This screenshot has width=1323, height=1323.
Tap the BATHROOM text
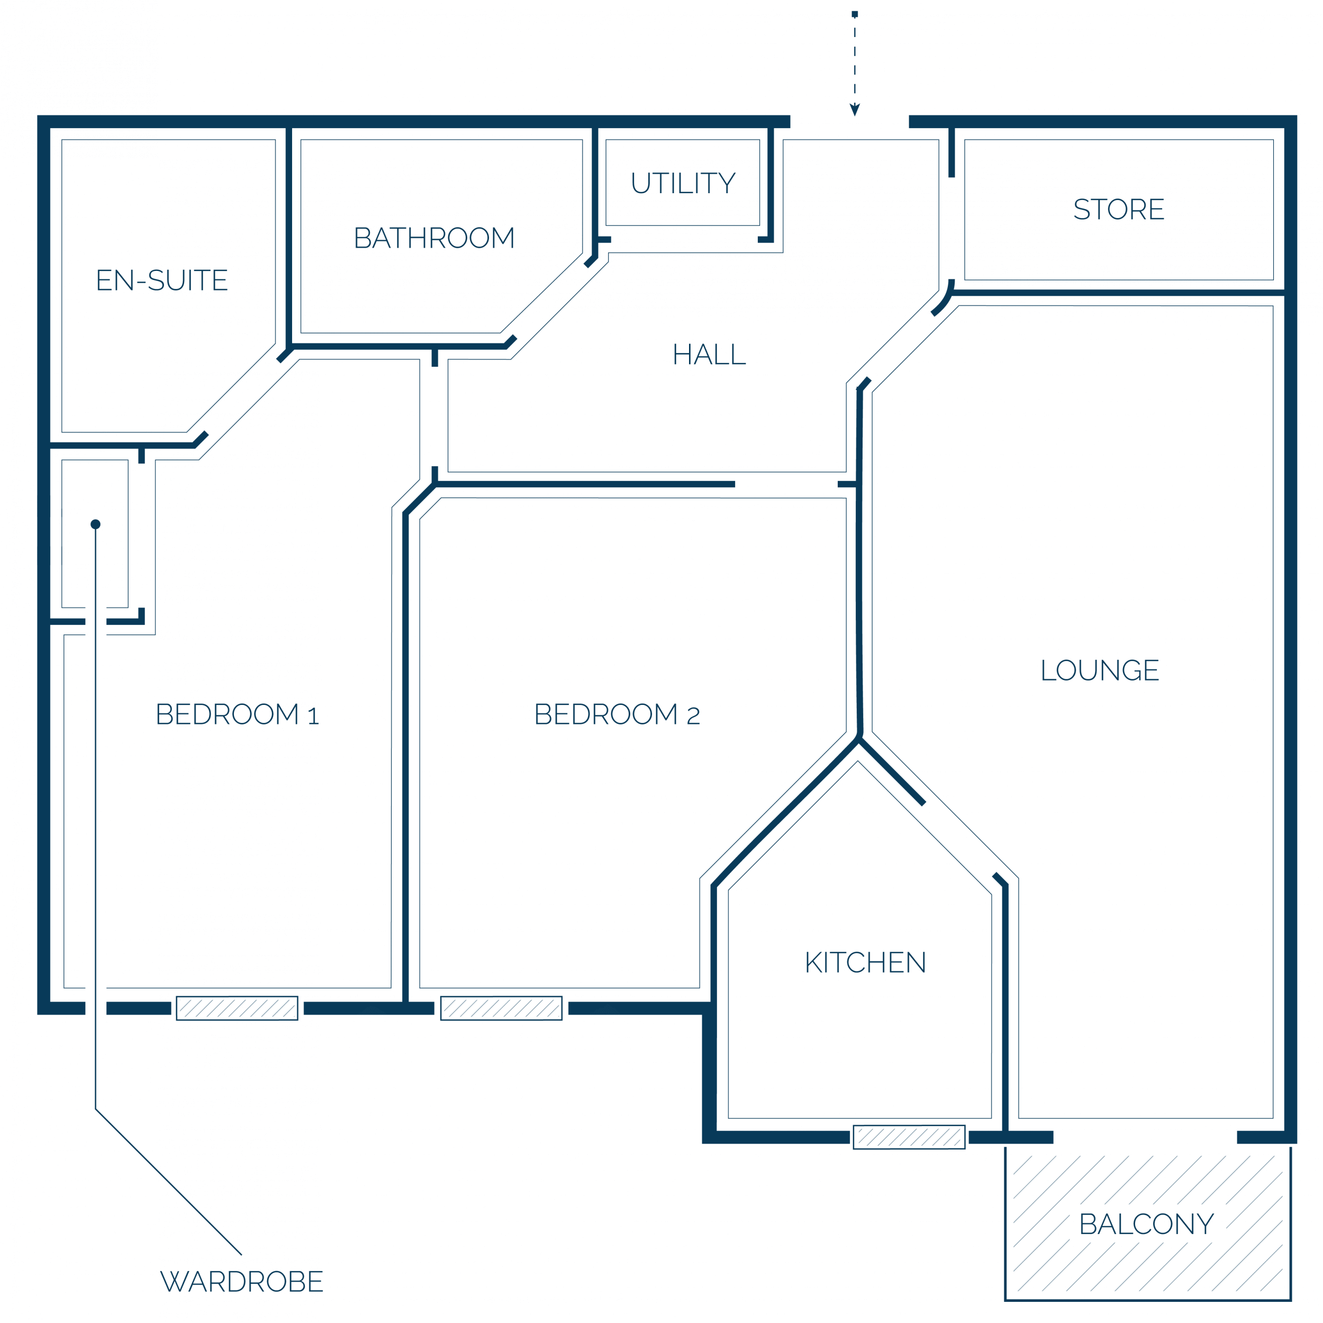point(434,238)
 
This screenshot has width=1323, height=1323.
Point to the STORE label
point(1118,209)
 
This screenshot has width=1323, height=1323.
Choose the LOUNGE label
point(1100,670)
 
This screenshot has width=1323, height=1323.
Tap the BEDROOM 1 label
point(237,714)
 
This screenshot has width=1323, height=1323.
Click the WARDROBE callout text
point(242,1281)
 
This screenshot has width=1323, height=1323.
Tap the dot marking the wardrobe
point(95,524)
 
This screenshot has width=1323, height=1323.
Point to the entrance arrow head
point(855,110)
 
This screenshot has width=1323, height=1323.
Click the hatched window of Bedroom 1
point(237,1008)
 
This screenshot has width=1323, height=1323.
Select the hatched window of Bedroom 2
point(501,1008)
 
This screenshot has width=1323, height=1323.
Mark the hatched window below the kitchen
point(909,1137)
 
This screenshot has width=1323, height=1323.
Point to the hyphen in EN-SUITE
point(141,282)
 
